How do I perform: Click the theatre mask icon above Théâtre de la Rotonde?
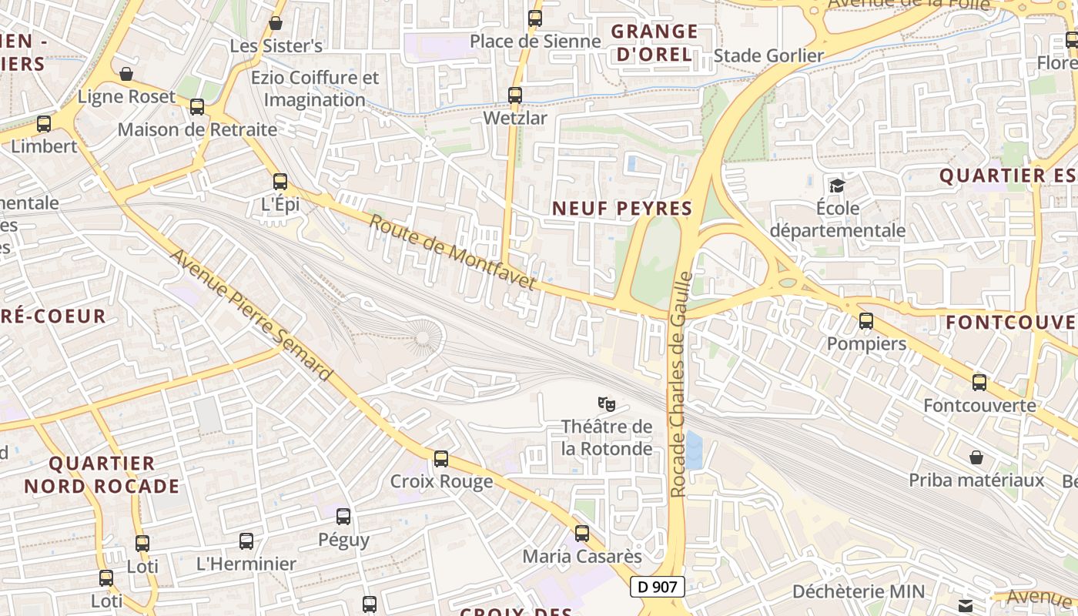(x=607, y=403)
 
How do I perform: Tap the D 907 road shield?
(x=658, y=587)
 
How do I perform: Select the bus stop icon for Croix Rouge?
(x=441, y=459)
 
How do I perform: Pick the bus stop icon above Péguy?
(x=343, y=517)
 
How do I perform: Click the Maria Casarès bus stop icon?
(x=582, y=533)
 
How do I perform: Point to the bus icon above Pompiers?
(x=866, y=321)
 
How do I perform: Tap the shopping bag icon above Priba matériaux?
(x=976, y=457)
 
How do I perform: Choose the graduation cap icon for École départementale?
(x=837, y=185)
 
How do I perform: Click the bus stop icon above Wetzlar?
(x=515, y=95)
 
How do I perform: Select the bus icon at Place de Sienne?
(x=535, y=18)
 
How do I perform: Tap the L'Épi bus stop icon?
(x=280, y=182)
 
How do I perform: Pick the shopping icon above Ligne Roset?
(x=126, y=74)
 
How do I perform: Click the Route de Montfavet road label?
(x=452, y=253)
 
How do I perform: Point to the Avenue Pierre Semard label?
(x=252, y=314)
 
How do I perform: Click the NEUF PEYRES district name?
(x=622, y=208)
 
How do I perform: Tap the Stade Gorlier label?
(x=768, y=55)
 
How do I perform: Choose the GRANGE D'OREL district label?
(x=654, y=43)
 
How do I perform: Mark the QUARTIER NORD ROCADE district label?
(x=102, y=474)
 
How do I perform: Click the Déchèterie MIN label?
(x=859, y=591)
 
